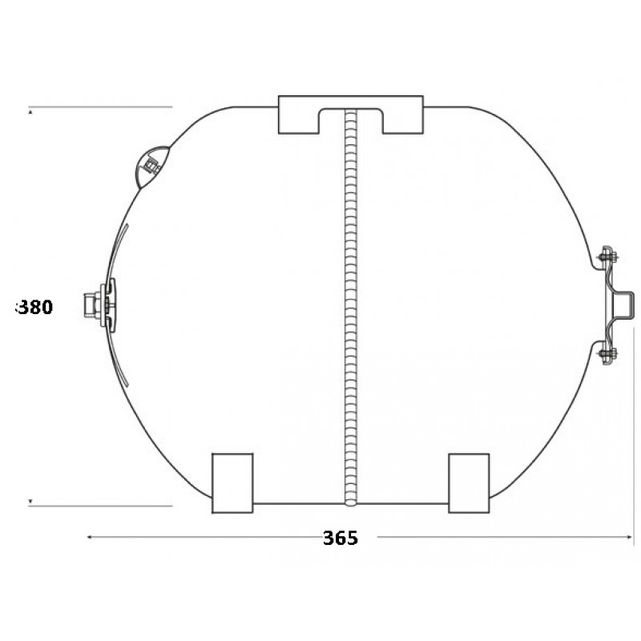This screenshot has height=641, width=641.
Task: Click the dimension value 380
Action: coord(34,308)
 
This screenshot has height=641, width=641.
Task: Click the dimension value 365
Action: coord(340,538)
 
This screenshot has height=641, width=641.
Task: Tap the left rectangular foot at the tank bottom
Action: coord(232,483)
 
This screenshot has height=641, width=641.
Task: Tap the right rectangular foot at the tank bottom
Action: coord(469,483)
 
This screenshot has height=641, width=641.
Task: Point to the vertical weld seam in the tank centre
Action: coord(351,308)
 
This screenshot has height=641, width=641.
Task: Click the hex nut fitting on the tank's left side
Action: coord(92,305)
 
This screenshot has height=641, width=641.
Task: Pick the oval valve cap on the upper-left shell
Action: coord(151,167)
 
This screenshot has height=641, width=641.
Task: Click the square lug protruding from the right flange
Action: coord(626,304)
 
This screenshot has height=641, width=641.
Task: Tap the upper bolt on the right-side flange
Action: coord(608,257)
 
